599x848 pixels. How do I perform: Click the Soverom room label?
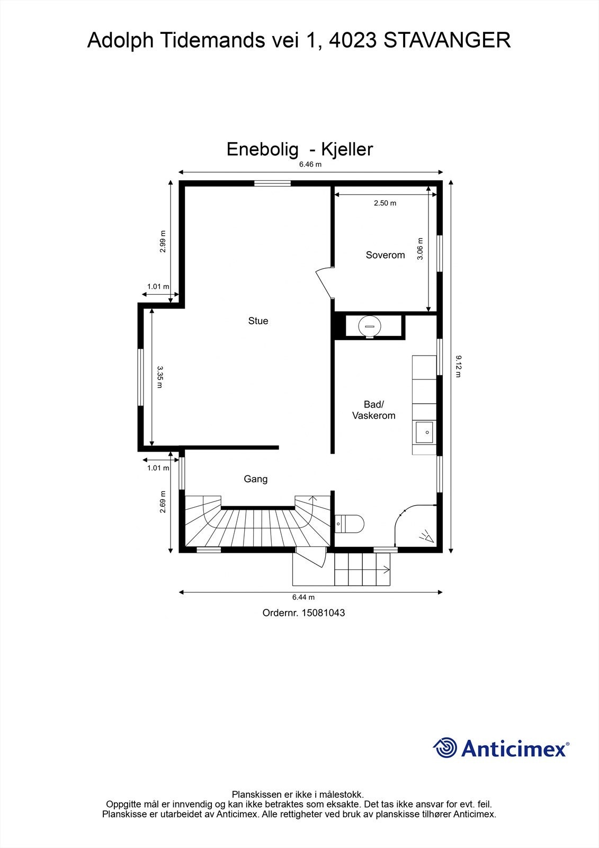(385, 255)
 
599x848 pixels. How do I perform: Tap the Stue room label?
(258, 321)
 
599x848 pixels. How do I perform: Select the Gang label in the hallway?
(256, 479)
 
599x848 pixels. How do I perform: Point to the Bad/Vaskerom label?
(374, 410)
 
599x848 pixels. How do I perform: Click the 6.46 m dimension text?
(310, 164)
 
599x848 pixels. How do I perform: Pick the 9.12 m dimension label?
(458, 366)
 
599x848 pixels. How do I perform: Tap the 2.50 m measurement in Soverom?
(385, 203)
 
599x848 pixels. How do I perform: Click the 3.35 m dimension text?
(159, 377)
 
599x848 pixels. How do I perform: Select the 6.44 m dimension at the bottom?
(303, 597)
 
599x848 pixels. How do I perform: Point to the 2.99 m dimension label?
(163, 242)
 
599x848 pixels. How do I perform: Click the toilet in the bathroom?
(349, 524)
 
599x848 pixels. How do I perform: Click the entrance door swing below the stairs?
(311, 557)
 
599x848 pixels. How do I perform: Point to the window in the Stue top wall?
(272, 183)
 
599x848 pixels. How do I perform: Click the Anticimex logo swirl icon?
(445, 748)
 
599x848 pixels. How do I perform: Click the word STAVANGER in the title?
(447, 40)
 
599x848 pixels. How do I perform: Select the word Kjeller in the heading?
(347, 149)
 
